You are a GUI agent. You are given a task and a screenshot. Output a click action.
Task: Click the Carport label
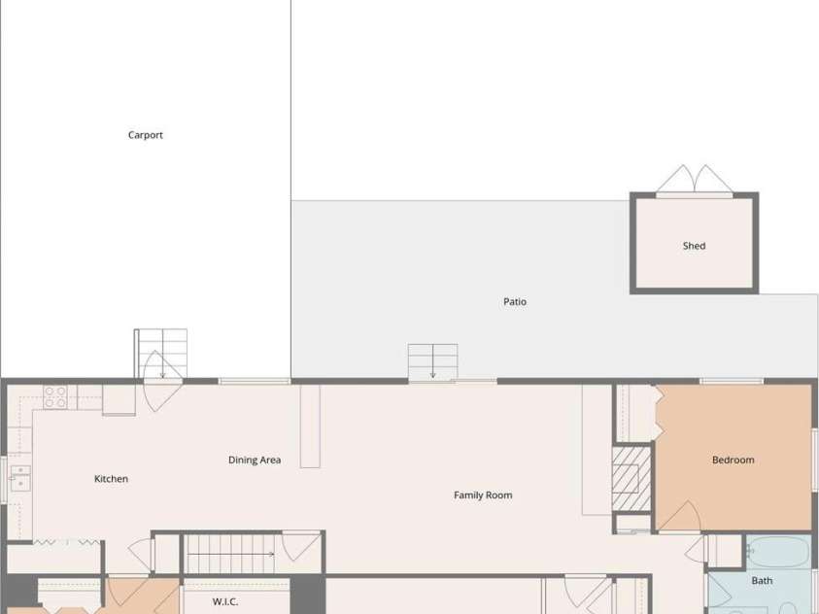click(145, 135)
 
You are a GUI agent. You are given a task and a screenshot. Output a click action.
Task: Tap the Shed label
click(695, 246)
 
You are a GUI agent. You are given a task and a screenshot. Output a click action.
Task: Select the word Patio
click(515, 302)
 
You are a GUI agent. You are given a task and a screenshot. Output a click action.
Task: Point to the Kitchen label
click(112, 479)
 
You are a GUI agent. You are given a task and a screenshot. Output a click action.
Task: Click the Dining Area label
click(255, 460)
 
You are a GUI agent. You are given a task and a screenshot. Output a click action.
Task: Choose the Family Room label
click(483, 495)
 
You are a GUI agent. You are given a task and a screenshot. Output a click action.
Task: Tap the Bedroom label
click(734, 460)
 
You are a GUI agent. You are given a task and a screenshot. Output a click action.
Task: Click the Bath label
click(762, 581)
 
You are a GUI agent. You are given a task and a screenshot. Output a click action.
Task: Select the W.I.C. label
click(225, 602)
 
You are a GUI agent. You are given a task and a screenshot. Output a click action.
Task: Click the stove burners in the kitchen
click(54, 396)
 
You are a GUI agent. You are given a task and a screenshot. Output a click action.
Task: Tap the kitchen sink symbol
click(19, 478)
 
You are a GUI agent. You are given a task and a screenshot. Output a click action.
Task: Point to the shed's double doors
click(695, 180)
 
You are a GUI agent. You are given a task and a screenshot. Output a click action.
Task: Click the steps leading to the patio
click(433, 361)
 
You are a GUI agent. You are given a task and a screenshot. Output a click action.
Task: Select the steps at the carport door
click(161, 354)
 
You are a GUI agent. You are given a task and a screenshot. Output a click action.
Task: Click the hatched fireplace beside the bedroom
click(631, 478)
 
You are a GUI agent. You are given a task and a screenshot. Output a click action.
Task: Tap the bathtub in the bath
click(778, 552)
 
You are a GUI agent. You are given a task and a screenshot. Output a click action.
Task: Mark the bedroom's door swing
click(679, 517)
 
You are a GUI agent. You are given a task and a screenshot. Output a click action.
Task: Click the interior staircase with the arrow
click(231, 554)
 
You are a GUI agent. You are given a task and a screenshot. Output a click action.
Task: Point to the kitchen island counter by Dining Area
click(310, 426)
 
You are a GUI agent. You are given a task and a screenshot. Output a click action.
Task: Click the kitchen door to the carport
click(163, 381)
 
